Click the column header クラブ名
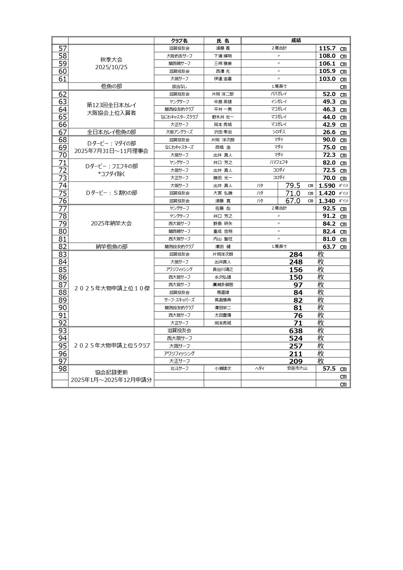[179, 41]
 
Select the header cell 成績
[296, 41]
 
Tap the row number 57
[62, 48]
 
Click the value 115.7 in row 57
[327, 48]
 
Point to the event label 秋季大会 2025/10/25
[111, 64]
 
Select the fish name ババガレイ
[279, 94]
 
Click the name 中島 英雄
[222, 102]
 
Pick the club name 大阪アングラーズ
[179, 132]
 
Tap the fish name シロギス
[279, 132]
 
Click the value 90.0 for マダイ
[329, 140]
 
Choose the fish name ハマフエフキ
[279, 162]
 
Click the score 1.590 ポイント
[327, 186]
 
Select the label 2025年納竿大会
[111, 223]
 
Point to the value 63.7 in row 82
[329, 247]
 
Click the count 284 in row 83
[296, 255]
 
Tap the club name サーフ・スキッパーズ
[179, 300]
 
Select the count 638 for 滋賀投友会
[296, 331]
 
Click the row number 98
[62, 369]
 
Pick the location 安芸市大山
[297, 368]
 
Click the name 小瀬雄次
[222, 369]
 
